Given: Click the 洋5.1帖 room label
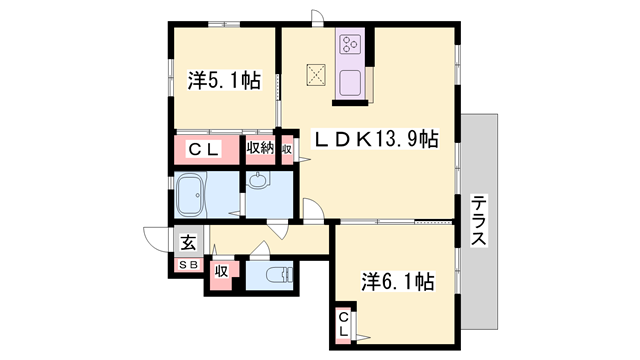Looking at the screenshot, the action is pyautogui.click(x=224, y=80).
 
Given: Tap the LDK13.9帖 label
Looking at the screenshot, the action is pyautogui.click(x=375, y=139).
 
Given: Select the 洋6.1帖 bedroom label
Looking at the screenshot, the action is pyautogui.click(x=398, y=282).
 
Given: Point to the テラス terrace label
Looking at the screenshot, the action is pyautogui.click(x=479, y=221).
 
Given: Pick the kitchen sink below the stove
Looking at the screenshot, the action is pyautogui.click(x=350, y=83).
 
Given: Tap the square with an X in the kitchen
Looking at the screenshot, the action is pyautogui.click(x=316, y=75).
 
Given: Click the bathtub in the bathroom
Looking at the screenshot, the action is pyautogui.click(x=190, y=195).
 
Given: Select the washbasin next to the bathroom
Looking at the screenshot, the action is pyautogui.click(x=258, y=180).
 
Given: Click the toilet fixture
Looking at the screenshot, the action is pyautogui.click(x=279, y=275).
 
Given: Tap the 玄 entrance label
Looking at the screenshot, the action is pyautogui.click(x=188, y=243).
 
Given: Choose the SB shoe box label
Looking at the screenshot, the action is pyautogui.click(x=189, y=265).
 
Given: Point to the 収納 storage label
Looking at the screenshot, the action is pyautogui.click(x=260, y=148).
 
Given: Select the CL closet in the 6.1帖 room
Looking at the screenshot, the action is pyautogui.click(x=344, y=324).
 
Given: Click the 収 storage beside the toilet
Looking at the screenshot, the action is pyautogui.click(x=222, y=271).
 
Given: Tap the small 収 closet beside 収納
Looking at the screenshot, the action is pyautogui.click(x=287, y=149).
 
